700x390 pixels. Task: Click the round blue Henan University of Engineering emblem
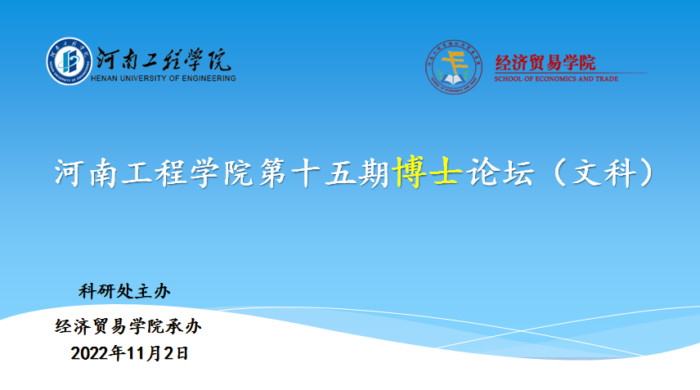point(70,61)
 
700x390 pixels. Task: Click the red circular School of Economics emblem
point(454,67)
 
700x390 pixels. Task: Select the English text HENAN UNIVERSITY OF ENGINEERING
point(164,78)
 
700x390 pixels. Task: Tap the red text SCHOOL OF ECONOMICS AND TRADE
point(556,79)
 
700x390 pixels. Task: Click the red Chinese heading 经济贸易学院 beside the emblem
point(545,63)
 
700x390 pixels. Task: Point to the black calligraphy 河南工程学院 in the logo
point(164,60)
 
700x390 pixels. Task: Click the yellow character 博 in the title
point(411,172)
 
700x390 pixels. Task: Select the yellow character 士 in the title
point(444,172)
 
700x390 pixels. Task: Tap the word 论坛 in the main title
point(500,173)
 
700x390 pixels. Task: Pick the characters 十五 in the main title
point(322,173)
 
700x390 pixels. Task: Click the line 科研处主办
point(124,291)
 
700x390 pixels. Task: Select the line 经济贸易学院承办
point(128,327)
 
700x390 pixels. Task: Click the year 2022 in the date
point(89,354)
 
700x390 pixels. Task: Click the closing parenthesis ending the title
point(647,173)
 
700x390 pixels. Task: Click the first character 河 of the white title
point(70,173)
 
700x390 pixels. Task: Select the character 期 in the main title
point(373,173)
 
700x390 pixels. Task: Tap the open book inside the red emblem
point(453,80)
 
